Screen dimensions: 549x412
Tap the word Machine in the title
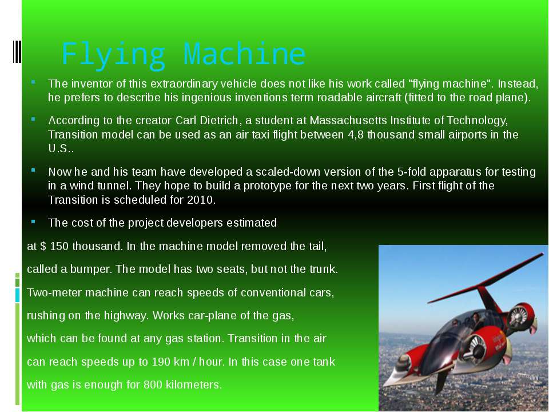coord(244,54)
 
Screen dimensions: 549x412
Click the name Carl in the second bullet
coord(186,121)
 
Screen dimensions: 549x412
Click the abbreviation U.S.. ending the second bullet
coord(61,149)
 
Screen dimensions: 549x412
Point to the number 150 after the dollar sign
coord(59,246)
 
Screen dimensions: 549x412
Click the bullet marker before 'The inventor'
coord(33,82)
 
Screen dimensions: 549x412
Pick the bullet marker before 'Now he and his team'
coord(33,171)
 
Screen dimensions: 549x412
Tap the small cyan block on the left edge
coord(18,295)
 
